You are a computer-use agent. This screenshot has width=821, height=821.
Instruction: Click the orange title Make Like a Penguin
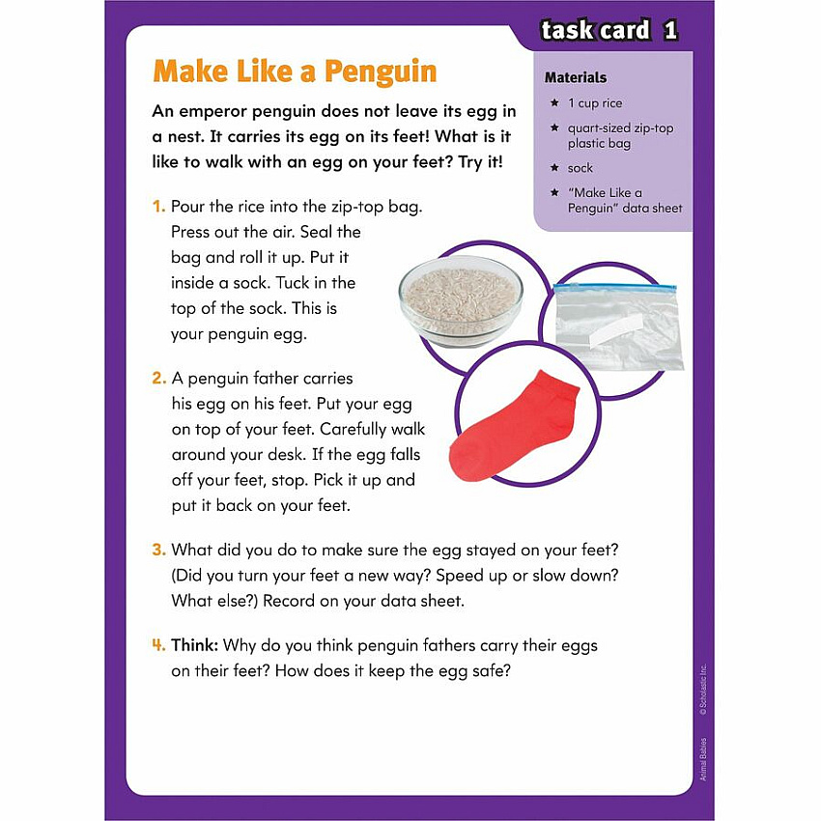pyautogui.click(x=295, y=71)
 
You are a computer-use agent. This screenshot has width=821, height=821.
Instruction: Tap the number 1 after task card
pyautogui.click(x=670, y=30)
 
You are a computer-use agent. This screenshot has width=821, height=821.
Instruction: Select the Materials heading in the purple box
pyautogui.click(x=576, y=77)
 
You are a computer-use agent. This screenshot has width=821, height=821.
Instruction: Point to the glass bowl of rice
pyautogui.click(x=461, y=301)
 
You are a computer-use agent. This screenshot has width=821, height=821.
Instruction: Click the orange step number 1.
pyautogui.click(x=158, y=207)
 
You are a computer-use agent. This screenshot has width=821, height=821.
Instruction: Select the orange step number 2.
pyautogui.click(x=159, y=378)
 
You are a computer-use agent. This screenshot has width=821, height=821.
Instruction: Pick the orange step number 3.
pyautogui.click(x=159, y=550)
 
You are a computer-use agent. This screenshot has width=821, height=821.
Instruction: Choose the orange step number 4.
pyautogui.click(x=158, y=645)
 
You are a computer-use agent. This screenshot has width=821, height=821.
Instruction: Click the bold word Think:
pyautogui.click(x=194, y=645)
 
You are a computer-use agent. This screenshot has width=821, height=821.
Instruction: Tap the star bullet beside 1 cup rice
pyautogui.click(x=554, y=102)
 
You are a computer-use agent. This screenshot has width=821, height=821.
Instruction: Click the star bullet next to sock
pyautogui.click(x=554, y=167)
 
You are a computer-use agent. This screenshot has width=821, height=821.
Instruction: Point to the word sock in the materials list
pyautogui.click(x=580, y=168)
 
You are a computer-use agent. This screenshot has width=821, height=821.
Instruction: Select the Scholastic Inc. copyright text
pyautogui.click(x=703, y=690)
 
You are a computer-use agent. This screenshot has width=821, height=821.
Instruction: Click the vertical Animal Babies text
pyautogui.click(x=703, y=759)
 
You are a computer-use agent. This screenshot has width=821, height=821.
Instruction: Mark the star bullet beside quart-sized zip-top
pyautogui.click(x=554, y=127)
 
